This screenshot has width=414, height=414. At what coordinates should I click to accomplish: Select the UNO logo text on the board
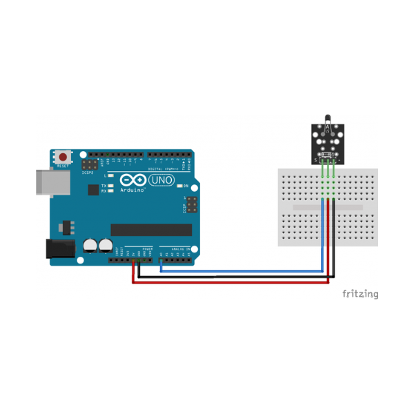coord(161,180)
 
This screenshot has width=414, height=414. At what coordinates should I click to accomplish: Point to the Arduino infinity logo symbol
coord(131,181)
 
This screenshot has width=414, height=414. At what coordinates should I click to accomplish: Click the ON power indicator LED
coord(179,186)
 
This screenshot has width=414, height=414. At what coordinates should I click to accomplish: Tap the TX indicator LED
coord(111,186)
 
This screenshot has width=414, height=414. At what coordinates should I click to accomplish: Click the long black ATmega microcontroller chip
coord(151,229)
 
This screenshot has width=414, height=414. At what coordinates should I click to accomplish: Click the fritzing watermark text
coord(361,294)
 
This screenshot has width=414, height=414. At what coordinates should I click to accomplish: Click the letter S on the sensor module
coord(316,160)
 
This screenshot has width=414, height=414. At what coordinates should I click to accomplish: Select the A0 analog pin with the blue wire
coord(161,261)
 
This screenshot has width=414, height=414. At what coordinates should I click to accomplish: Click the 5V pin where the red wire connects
coord(133,261)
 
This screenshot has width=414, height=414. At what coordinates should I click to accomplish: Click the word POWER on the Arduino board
coord(147,248)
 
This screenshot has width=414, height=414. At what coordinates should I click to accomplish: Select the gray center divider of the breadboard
coord(328,207)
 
